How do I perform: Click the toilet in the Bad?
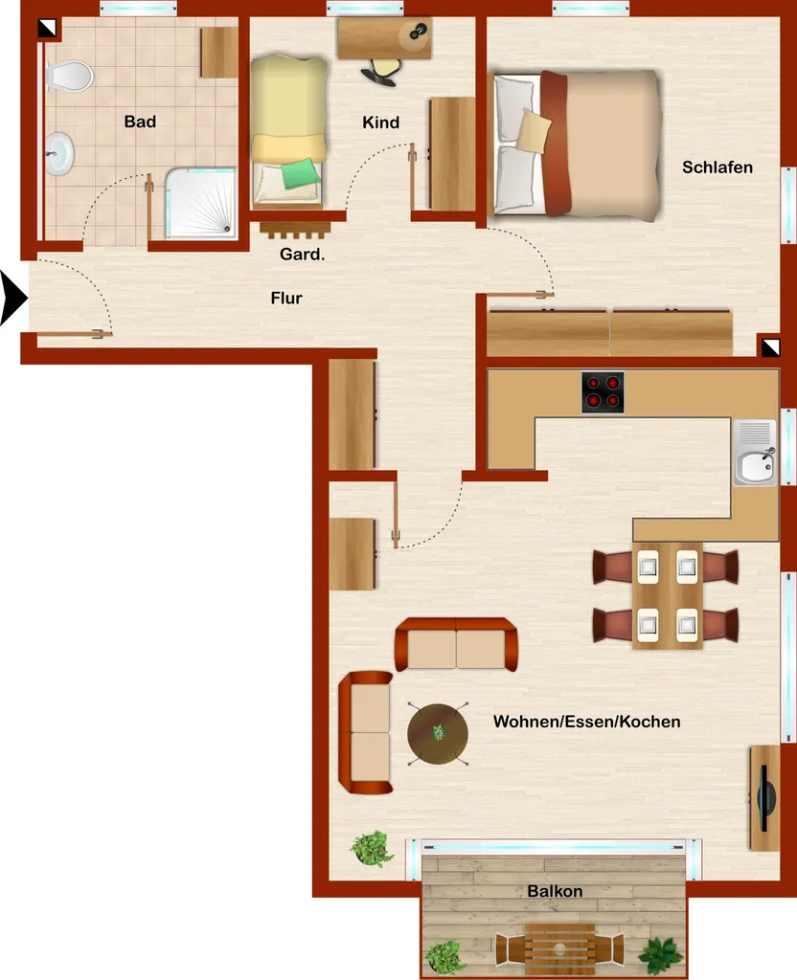(69, 77)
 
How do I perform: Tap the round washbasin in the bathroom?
(59, 153)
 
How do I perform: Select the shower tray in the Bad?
(201, 203)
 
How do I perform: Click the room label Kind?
(380, 122)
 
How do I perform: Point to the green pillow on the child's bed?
(300, 174)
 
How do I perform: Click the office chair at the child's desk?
(381, 71)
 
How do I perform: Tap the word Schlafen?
(717, 167)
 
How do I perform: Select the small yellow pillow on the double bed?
(534, 130)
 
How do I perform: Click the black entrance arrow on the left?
(12, 299)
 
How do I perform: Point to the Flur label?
(286, 299)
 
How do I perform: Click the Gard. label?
(302, 254)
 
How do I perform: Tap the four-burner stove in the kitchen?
(603, 392)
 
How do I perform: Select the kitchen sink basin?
(755, 466)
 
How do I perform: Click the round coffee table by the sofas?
(437, 734)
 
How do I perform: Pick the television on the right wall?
(765, 798)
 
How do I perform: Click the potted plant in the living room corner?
(373, 848)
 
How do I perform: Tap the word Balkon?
(555, 891)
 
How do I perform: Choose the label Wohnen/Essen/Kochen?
(587, 722)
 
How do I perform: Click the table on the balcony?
(559, 949)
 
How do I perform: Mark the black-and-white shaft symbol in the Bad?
(47, 28)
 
